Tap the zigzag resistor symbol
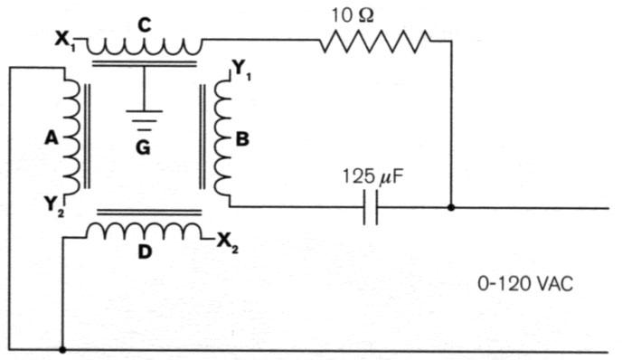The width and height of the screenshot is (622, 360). click(x=374, y=41)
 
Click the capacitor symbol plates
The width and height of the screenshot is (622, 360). click(x=369, y=207)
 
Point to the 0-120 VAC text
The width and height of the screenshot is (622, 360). click(x=525, y=283)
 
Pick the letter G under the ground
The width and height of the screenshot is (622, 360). click(x=143, y=146)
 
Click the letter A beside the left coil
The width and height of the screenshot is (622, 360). click(x=51, y=138)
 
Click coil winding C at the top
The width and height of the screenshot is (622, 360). click(x=145, y=44)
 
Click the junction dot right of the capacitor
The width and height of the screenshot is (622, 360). click(x=451, y=207)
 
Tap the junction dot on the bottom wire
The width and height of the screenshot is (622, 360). click(x=62, y=349)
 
